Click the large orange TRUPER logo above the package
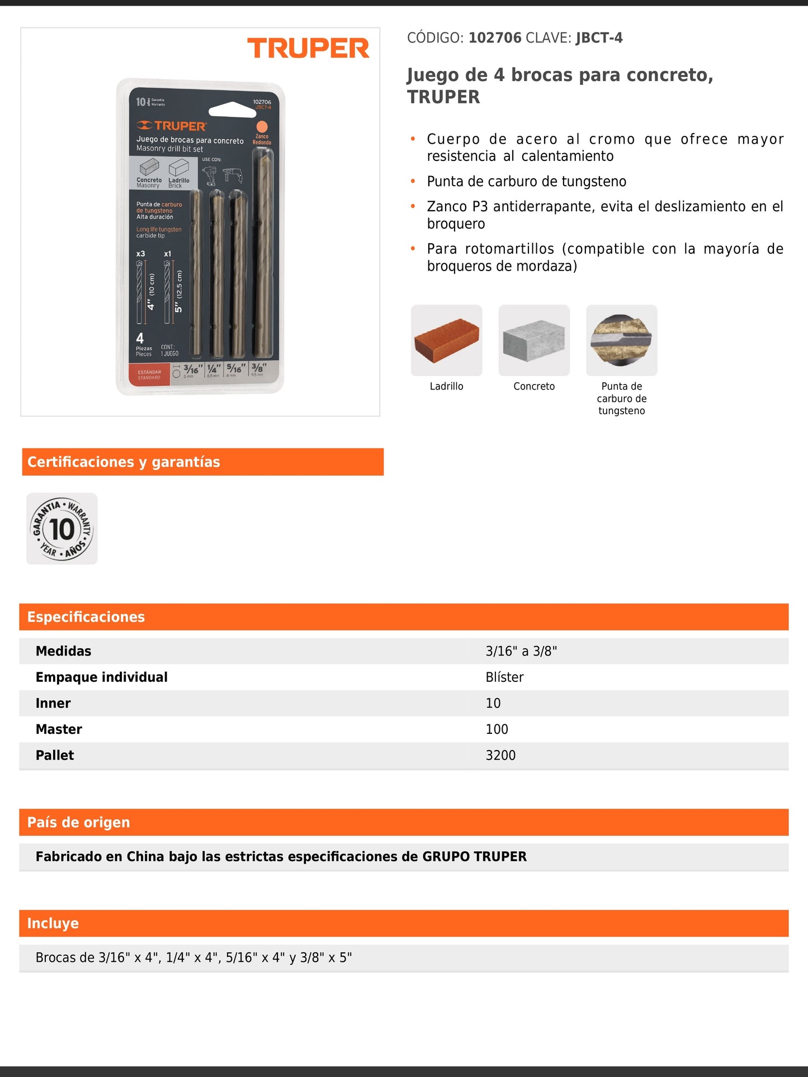pyautogui.click(x=308, y=48)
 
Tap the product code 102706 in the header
pyautogui.click(x=495, y=38)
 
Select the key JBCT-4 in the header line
pyautogui.click(x=599, y=38)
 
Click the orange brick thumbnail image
pyautogui.click(x=446, y=340)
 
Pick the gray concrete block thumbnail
pyautogui.click(x=534, y=340)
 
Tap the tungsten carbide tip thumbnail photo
pyautogui.click(x=621, y=340)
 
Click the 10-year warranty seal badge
pyautogui.click(x=62, y=529)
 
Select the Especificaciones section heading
pyautogui.click(x=86, y=617)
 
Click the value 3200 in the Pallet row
pyautogui.click(x=500, y=756)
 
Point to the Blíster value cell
pyautogui.click(x=504, y=677)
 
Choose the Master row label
pyautogui.click(x=59, y=729)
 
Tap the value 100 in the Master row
pyautogui.click(x=497, y=729)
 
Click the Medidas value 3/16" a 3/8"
pyautogui.click(x=521, y=651)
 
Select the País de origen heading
pyautogui.click(x=79, y=823)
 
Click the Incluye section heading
pyautogui.click(x=53, y=923)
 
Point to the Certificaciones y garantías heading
pyautogui.click(x=124, y=462)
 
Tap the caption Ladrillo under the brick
pyautogui.click(x=446, y=386)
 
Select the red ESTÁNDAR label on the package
pyautogui.click(x=149, y=374)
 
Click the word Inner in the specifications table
pyautogui.click(x=53, y=703)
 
